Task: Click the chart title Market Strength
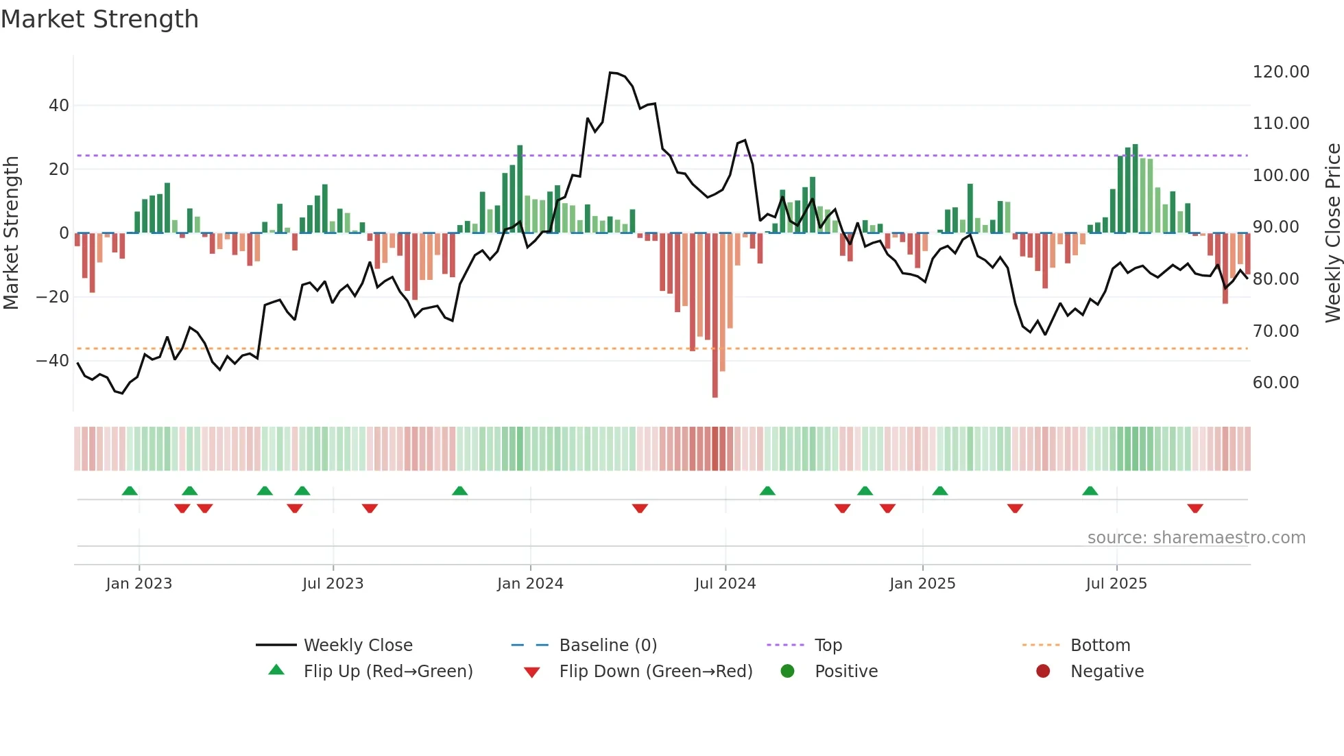click(99, 19)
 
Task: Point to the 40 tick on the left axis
click(59, 106)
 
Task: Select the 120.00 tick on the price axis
click(1280, 72)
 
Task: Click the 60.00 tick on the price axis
click(1275, 383)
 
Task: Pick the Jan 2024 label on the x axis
click(530, 584)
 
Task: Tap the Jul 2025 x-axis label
click(1116, 584)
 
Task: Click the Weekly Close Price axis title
click(1332, 233)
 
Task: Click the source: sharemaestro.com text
click(1196, 538)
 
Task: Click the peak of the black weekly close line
click(612, 73)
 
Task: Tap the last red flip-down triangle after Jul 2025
click(1195, 508)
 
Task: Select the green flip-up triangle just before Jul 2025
click(1090, 491)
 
